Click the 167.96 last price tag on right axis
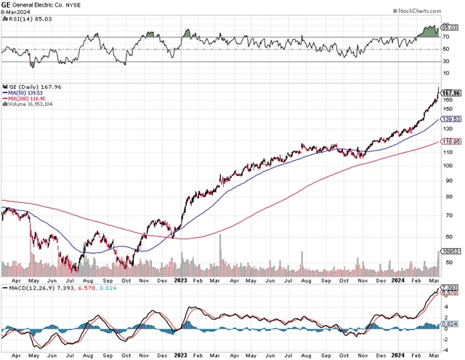point(453,93)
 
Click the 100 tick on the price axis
point(450,165)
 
